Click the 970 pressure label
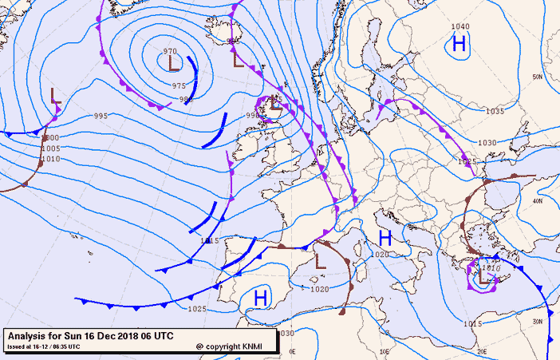coord(169,51)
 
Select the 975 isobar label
coord(179,85)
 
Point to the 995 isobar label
coord(101,117)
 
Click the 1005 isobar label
coord(50,148)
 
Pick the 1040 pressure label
coord(460,27)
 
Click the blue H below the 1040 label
coord(459,44)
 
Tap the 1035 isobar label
coord(495,112)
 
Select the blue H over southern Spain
coord(260,299)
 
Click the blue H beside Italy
coord(385,238)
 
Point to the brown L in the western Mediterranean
coord(321,260)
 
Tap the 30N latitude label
coord(538,320)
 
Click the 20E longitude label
coord(481,350)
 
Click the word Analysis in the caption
coord(29,335)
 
